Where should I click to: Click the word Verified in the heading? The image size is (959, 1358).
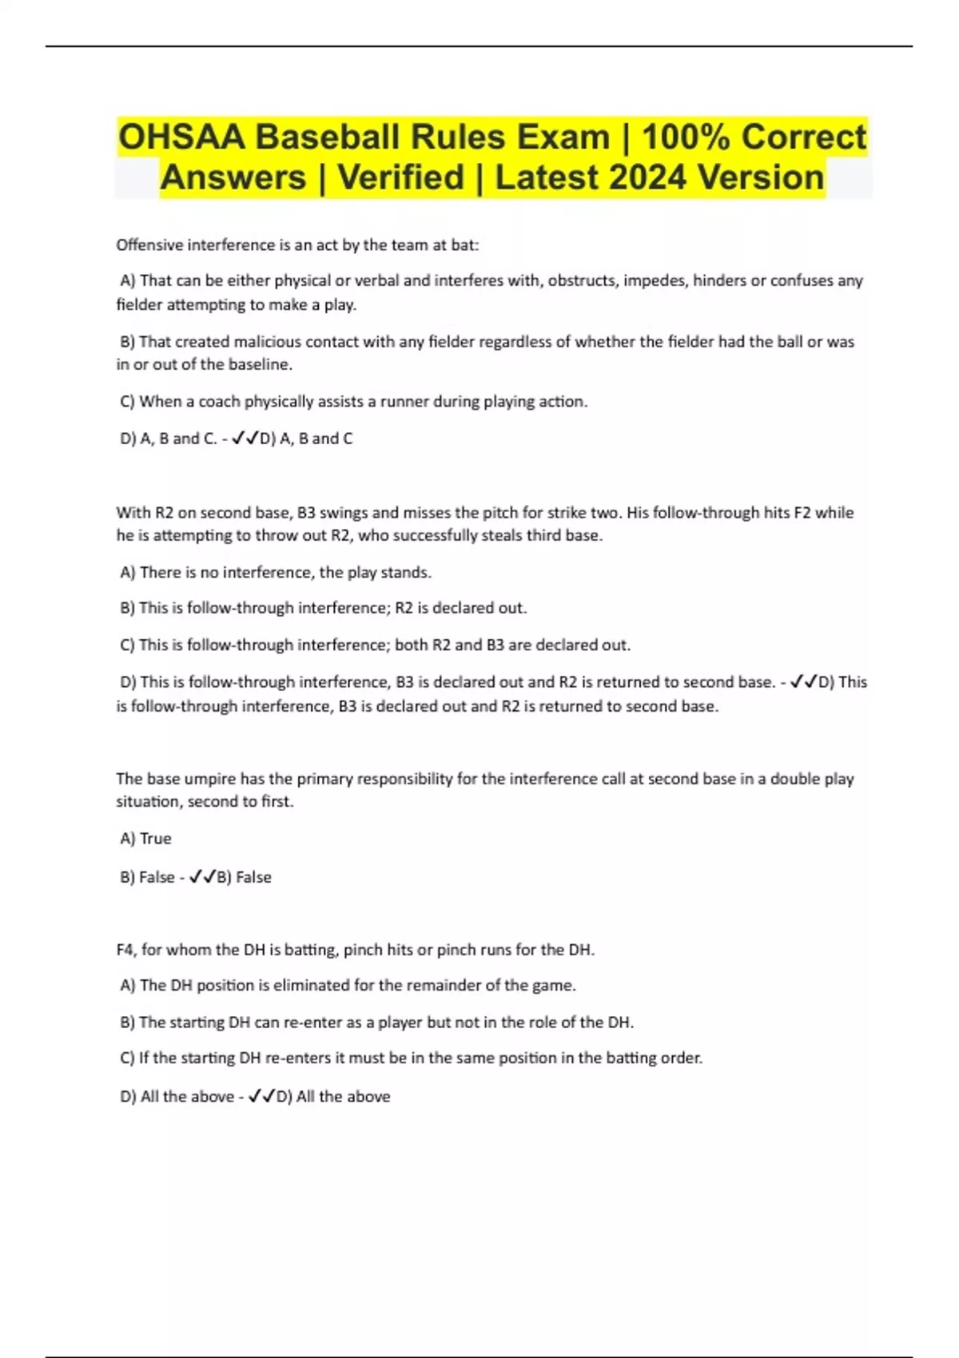(x=400, y=177)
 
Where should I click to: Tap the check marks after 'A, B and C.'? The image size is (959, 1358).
(x=245, y=439)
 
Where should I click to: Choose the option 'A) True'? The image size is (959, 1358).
(x=145, y=839)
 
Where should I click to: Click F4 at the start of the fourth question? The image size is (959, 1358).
(x=125, y=950)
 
